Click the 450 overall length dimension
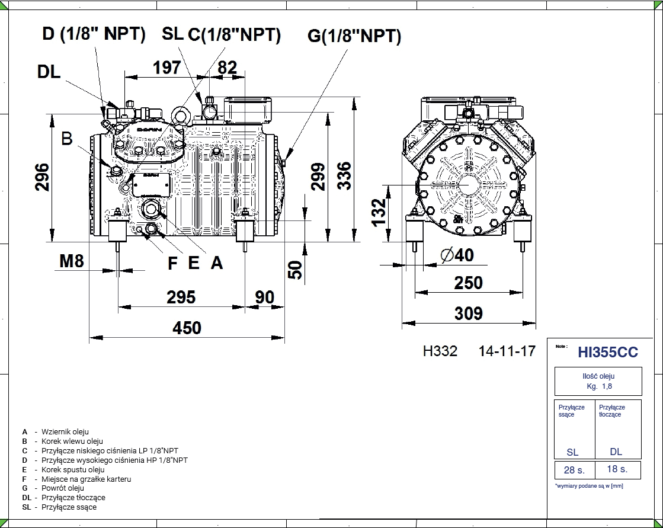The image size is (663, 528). (x=187, y=328)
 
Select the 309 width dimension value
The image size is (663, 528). (x=468, y=313)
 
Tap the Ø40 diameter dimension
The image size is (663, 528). (x=457, y=255)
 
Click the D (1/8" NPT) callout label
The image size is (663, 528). (x=94, y=34)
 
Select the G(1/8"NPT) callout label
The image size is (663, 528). (x=354, y=37)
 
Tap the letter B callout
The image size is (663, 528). (x=67, y=139)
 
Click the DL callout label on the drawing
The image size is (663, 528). (x=49, y=72)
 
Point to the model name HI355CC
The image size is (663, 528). (x=608, y=353)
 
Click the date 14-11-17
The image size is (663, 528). (x=507, y=351)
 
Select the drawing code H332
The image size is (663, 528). (x=440, y=351)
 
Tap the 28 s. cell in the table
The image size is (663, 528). (x=574, y=470)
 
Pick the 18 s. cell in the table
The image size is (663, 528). (x=617, y=469)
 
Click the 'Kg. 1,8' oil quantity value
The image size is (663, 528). (x=598, y=386)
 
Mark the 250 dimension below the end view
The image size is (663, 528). (x=468, y=283)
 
